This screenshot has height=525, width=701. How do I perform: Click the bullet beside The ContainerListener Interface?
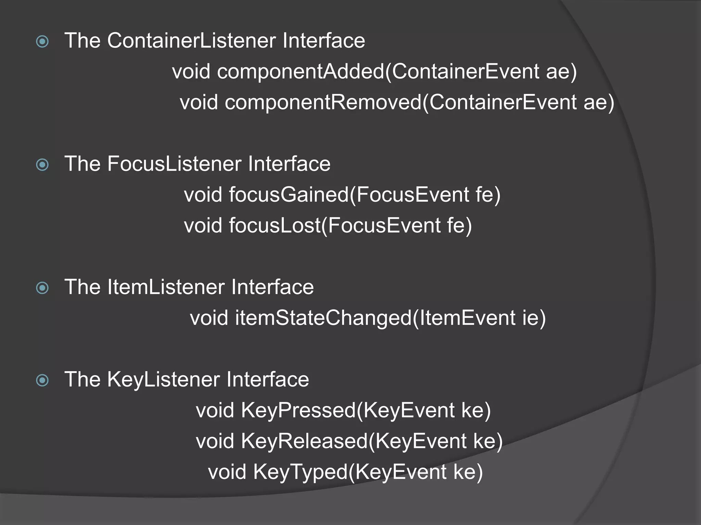42,42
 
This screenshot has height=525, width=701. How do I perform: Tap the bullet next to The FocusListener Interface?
42,165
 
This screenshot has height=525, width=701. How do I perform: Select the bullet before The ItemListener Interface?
42,288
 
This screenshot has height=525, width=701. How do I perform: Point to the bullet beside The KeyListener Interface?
42,380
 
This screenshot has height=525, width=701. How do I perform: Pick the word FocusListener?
174,164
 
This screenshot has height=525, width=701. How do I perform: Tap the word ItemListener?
166,287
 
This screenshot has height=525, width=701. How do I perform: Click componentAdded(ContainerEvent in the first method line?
378,72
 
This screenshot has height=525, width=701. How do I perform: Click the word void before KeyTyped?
227,472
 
